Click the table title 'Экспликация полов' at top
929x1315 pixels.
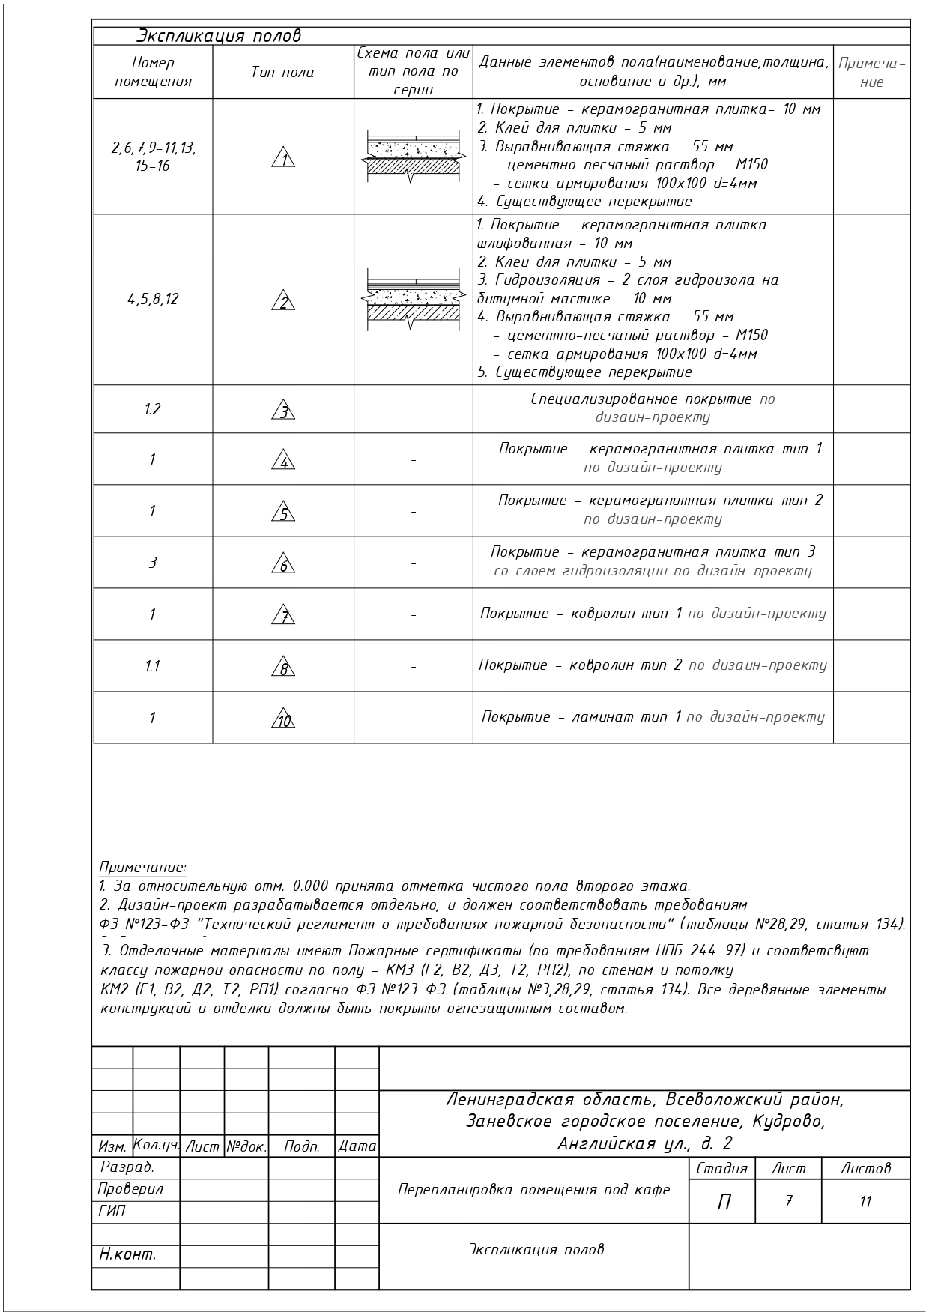coord(218,36)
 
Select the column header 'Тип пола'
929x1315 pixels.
coord(282,73)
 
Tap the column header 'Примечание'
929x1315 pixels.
coord(871,73)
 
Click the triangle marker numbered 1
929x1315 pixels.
coord(284,159)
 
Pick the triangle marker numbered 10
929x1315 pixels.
coord(284,719)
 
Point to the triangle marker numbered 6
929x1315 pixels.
coord(284,564)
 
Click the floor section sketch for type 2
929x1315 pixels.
coord(413,299)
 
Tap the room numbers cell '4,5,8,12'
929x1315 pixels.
coord(153,299)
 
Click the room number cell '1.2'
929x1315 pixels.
coord(152,409)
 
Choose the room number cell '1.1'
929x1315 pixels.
coord(152,666)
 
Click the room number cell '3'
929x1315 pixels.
coord(152,562)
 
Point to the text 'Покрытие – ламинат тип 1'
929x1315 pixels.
coord(581,717)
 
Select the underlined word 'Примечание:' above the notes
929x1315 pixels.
coord(142,868)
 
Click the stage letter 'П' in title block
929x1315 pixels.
coord(724,1202)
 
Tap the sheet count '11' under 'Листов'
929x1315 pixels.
coord(865,1202)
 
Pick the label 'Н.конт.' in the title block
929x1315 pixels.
coord(127,1254)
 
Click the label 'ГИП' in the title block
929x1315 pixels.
coord(112,1210)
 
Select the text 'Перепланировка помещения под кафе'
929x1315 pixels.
coord(533,1189)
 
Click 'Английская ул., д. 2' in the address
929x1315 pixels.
coord(644,1143)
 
